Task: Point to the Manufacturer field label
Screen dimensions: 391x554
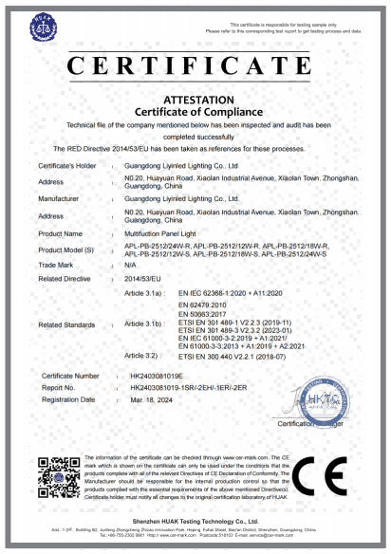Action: click(x=60, y=198)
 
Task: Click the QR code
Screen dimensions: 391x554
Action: click(x=56, y=476)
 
